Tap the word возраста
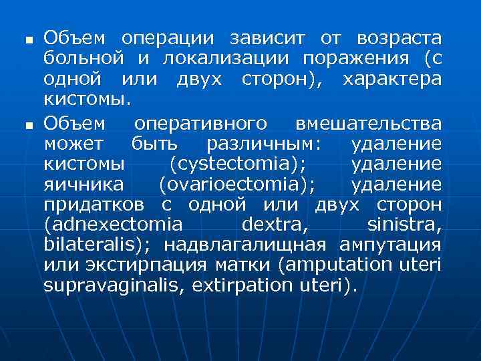(x=399, y=38)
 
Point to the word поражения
(x=355, y=58)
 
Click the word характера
(x=391, y=79)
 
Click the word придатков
(x=96, y=204)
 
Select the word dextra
(x=273, y=224)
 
